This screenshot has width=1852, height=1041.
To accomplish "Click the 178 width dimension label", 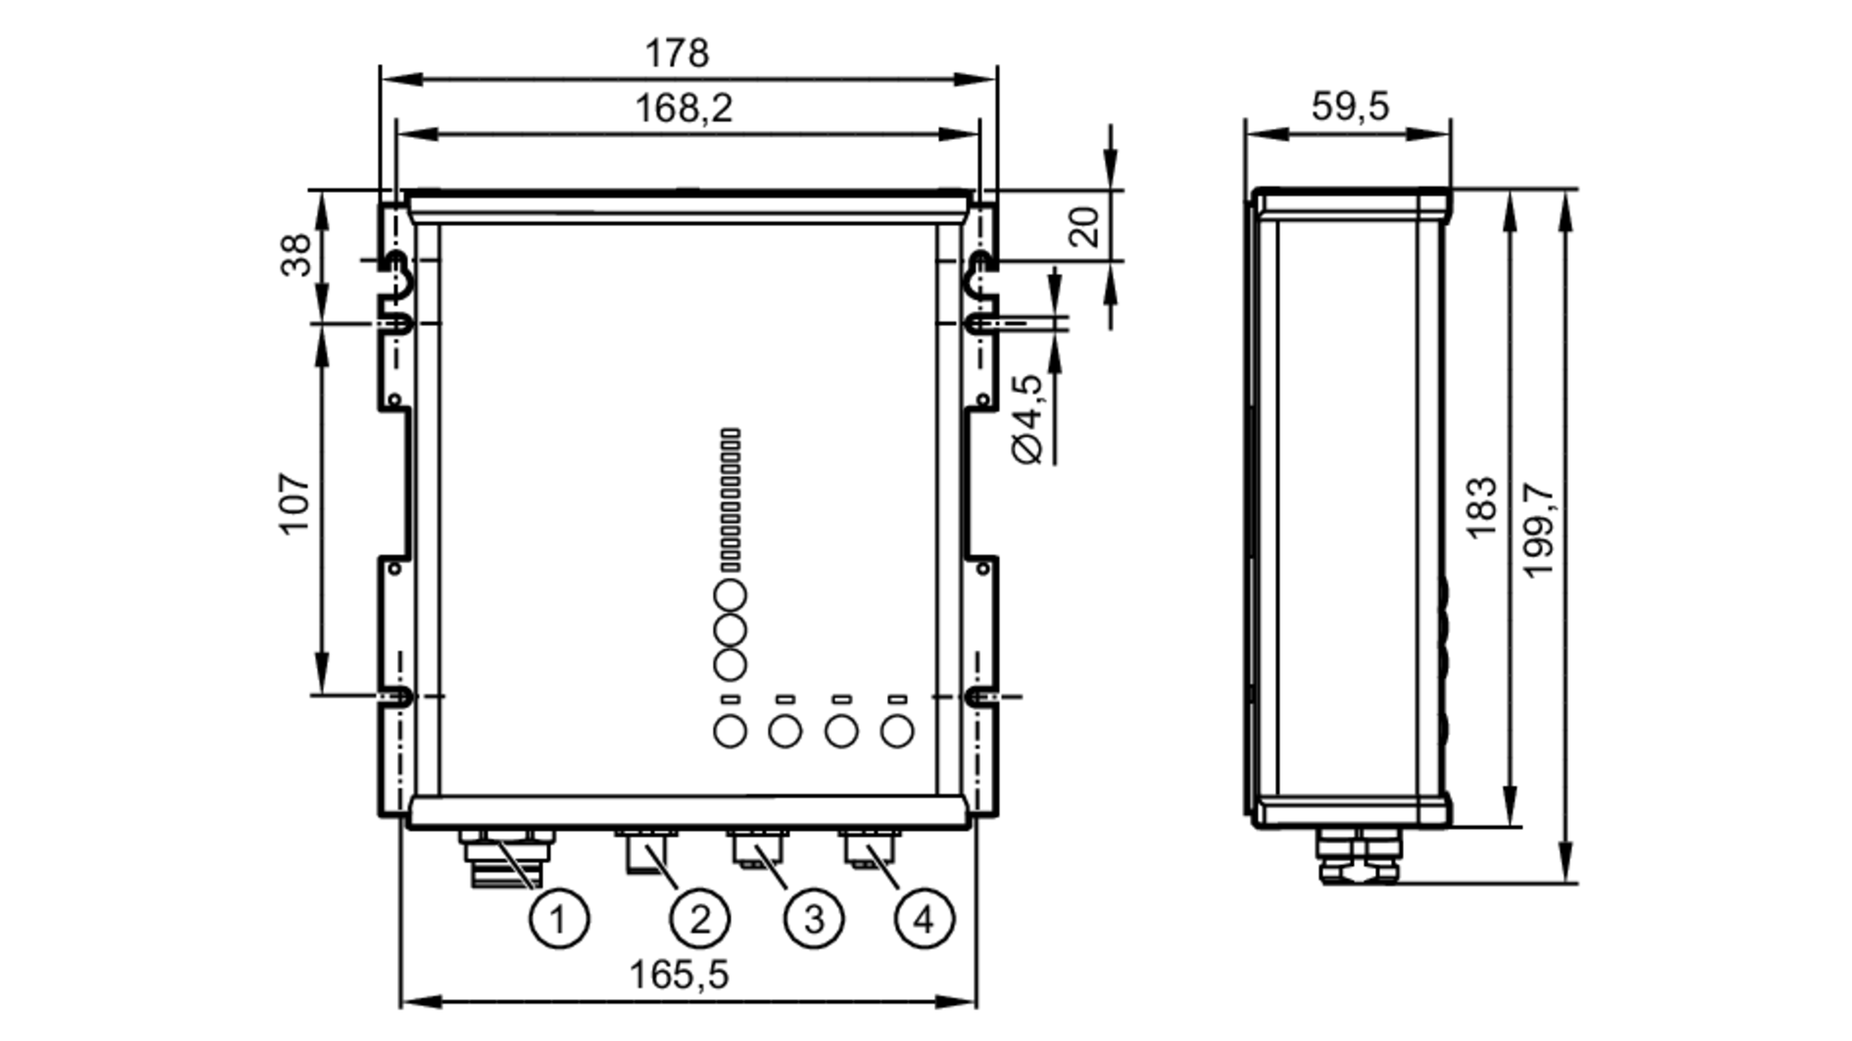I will point(677,53).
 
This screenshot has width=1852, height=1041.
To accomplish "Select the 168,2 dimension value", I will point(683,108).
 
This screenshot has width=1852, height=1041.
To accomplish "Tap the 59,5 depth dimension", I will point(1350,107).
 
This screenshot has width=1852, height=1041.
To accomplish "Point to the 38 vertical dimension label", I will point(296,255).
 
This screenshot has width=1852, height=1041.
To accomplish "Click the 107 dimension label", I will point(295,504).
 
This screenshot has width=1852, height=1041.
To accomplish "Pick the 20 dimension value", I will point(1084,226).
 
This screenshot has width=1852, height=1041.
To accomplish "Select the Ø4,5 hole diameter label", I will point(1028,419).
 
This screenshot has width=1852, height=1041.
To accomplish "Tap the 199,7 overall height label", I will point(1538,530).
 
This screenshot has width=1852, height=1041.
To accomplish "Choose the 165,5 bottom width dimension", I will point(679,974).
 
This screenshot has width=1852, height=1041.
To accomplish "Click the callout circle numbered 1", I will point(558,920).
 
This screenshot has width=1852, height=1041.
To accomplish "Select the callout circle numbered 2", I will point(699,920).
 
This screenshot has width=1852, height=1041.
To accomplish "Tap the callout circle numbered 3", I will point(813,920).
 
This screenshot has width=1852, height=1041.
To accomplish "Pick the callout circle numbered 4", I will point(923,920).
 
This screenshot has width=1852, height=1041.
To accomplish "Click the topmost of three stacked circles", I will point(730,596).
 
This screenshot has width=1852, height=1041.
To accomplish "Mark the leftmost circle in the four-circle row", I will point(730,732).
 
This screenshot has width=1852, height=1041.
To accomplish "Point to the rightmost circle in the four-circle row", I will point(896,732).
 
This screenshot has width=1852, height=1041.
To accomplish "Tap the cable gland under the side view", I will point(1358,857).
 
